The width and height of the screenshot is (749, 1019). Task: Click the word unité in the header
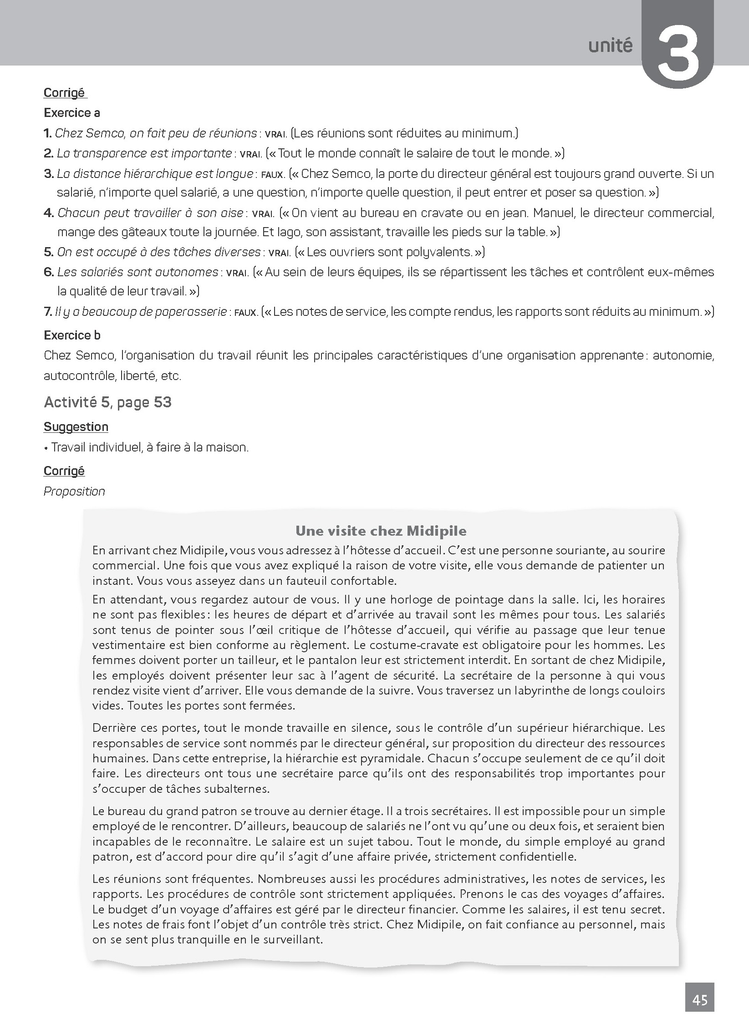[610, 46]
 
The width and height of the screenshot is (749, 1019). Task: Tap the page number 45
[699, 1000]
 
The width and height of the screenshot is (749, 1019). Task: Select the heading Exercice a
[72, 113]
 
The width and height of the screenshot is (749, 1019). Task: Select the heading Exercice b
[72, 335]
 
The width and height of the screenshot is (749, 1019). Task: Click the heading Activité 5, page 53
[107, 402]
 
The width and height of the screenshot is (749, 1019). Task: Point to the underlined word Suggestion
[76, 427]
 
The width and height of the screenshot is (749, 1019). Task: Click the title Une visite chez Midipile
[381, 531]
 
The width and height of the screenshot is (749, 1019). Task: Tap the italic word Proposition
[74, 492]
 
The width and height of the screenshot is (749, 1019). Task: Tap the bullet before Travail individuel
[46, 448]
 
